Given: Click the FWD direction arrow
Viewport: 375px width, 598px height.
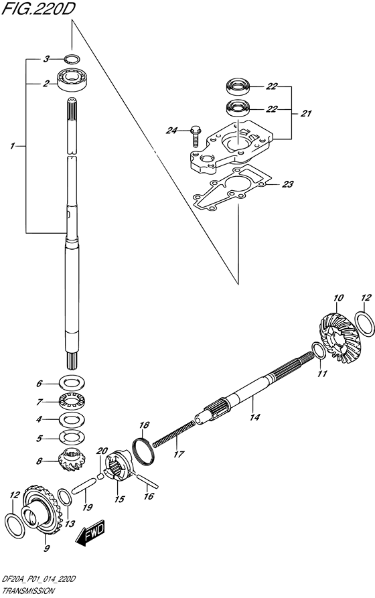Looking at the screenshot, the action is pyautogui.click(x=90, y=532).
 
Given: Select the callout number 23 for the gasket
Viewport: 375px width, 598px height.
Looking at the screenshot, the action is pyautogui.click(x=288, y=184).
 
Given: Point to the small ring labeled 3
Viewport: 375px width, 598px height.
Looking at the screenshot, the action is pyautogui.click(x=72, y=58).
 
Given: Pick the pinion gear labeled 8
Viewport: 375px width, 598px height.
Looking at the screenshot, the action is pyautogui.click(x=72, y=461).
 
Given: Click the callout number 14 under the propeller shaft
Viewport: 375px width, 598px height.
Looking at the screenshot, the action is pyautogui.click(x=254, y=417).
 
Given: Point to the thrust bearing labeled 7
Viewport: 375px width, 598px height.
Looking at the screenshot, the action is pyautogui.click(x=72, y=402).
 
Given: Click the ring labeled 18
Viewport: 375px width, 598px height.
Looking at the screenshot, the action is pyautogui.click(x=144, y=451).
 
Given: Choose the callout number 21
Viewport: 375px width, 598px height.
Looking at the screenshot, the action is pyautogui.click(x=305, y=113).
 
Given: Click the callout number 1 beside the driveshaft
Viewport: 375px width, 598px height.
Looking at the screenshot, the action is pyautogui.click(x=13, y=146).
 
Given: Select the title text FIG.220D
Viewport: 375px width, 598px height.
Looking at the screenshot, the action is pyautogui.click(x=37, y=9).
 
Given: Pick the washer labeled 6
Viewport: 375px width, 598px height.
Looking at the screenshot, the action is pyautogui.click(x=72, y=382).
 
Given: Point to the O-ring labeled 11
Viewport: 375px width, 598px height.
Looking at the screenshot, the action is pyautogui.click(x=319, y=350).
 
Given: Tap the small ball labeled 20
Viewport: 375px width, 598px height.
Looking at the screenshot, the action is pyautogui.click(x=101, y=476).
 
